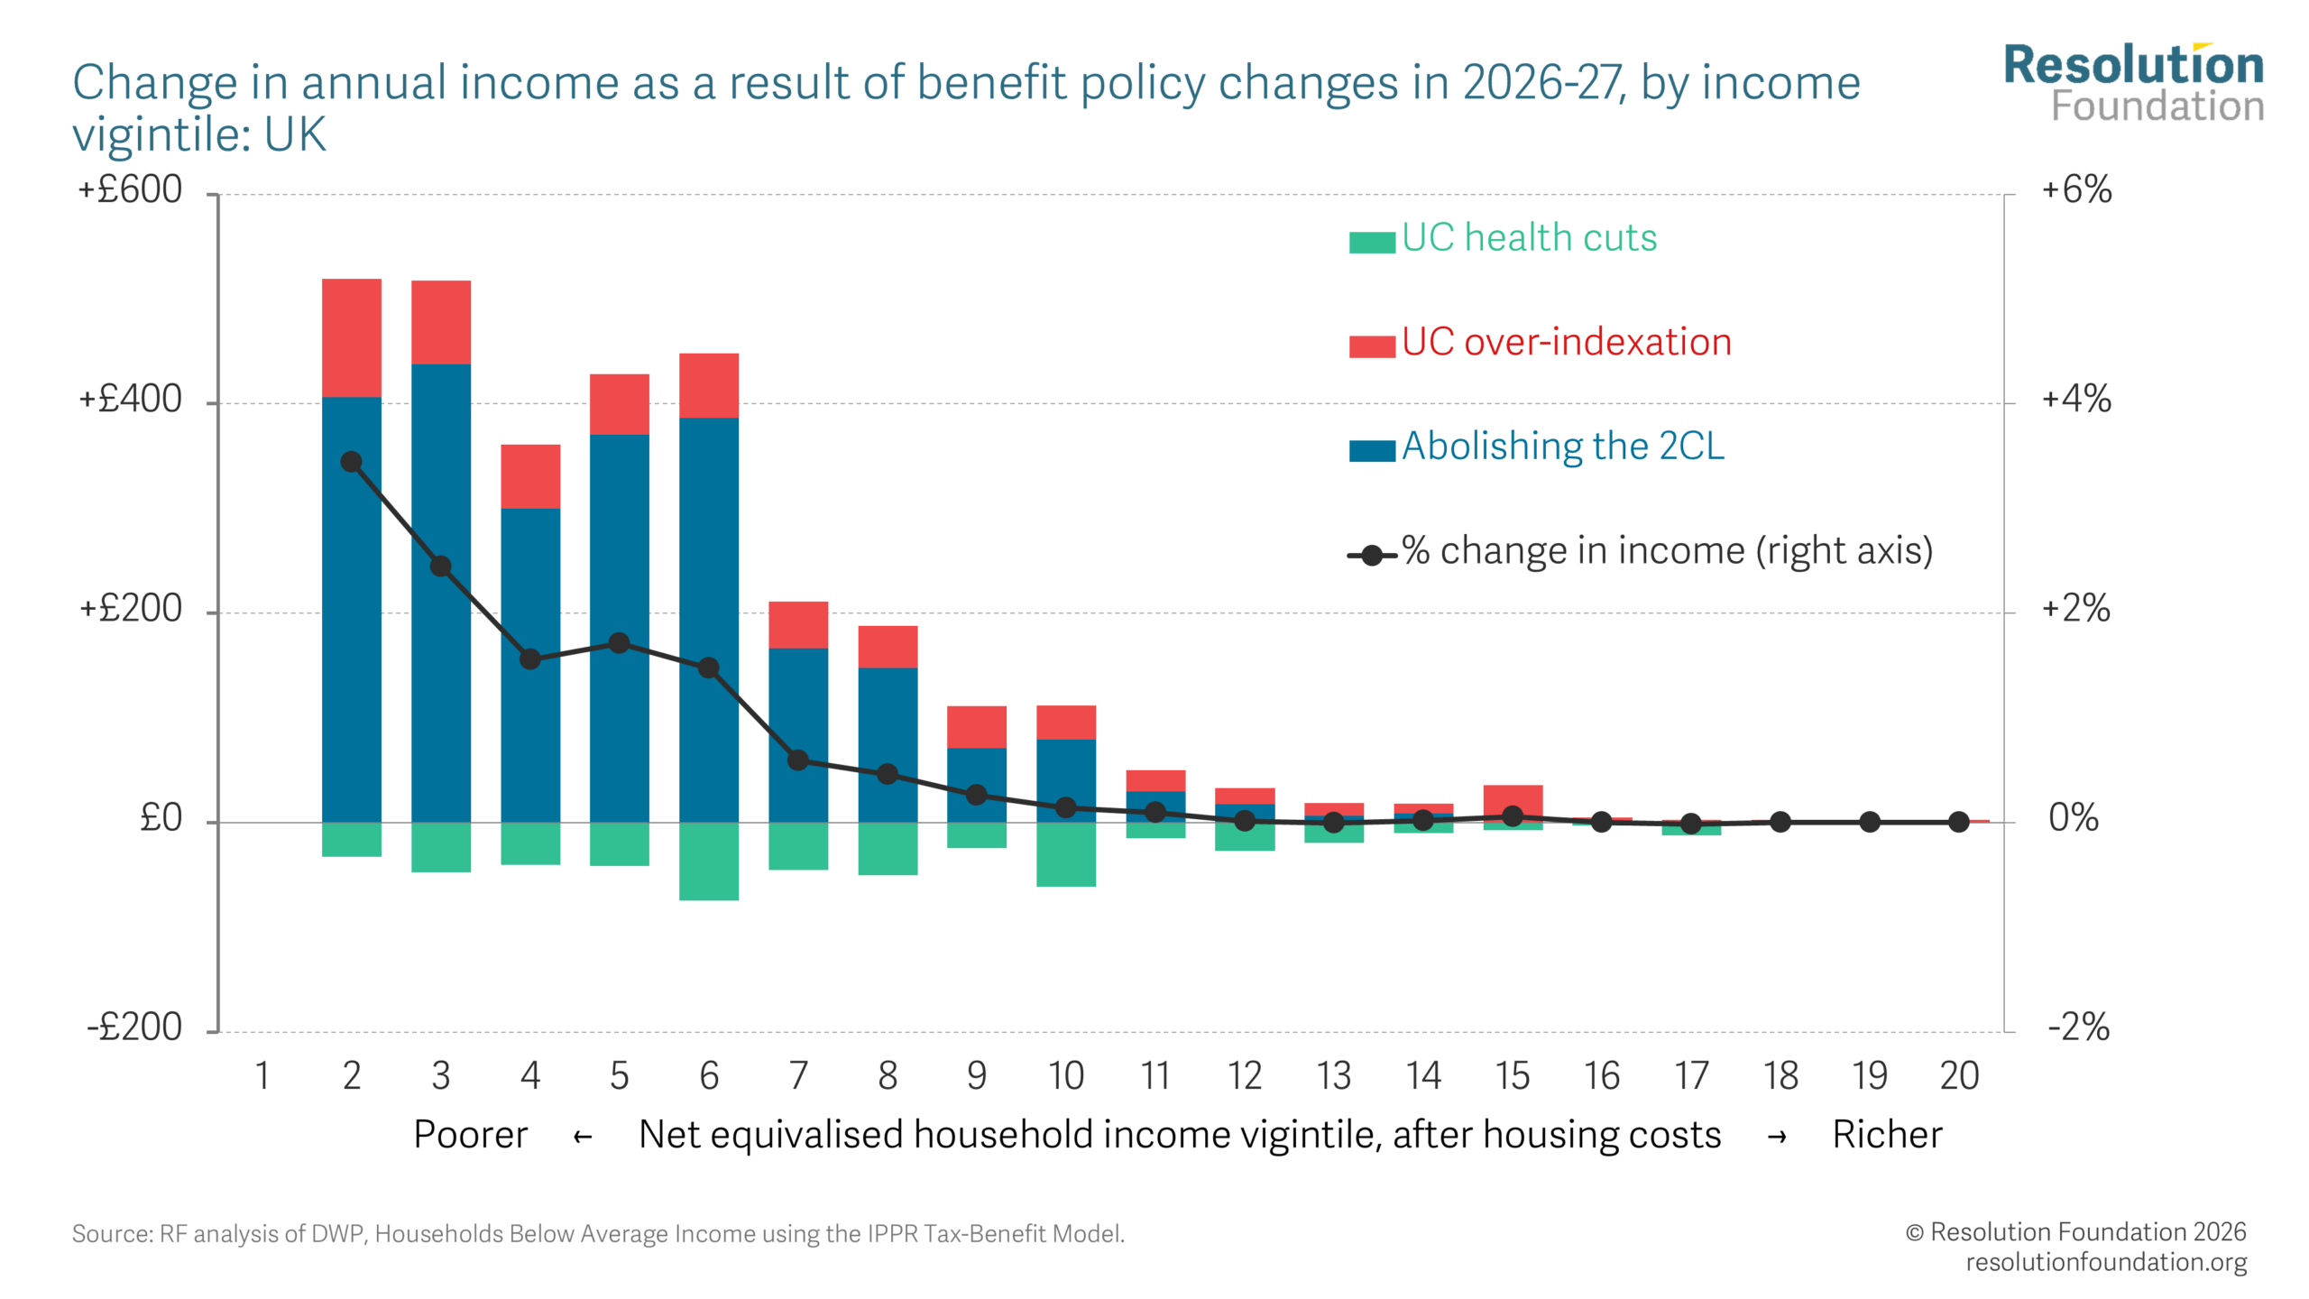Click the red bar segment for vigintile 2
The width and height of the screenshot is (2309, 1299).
tap(351, 337)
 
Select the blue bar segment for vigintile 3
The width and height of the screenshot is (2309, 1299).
tap(440, 592)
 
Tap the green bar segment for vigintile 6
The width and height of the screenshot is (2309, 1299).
tap(708, 861)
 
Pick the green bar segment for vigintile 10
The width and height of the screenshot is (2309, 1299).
tap(1065, 853)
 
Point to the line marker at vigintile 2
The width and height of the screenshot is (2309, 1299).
tap(351, 462)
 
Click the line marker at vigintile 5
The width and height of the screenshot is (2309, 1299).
tap(619, 643)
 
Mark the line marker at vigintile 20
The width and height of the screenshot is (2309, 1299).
tap(1958, 822)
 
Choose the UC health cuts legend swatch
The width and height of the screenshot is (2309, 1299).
tap(1371, 242)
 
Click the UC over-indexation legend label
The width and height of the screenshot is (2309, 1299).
tap(1566, 343)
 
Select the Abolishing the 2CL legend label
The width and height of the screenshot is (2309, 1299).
tap(1562, 447)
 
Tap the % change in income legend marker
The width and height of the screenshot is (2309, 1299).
tap(1371, 555)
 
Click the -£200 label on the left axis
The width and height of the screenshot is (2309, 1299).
tap(134, 1027)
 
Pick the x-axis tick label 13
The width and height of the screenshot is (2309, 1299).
tap(1333, 1075)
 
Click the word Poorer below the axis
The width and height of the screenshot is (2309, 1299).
tap(470, 1135)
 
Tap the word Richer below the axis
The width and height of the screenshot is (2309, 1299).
tap(1887, 1135)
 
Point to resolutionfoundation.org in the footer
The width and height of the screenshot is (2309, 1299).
tap(2105, 1262)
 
